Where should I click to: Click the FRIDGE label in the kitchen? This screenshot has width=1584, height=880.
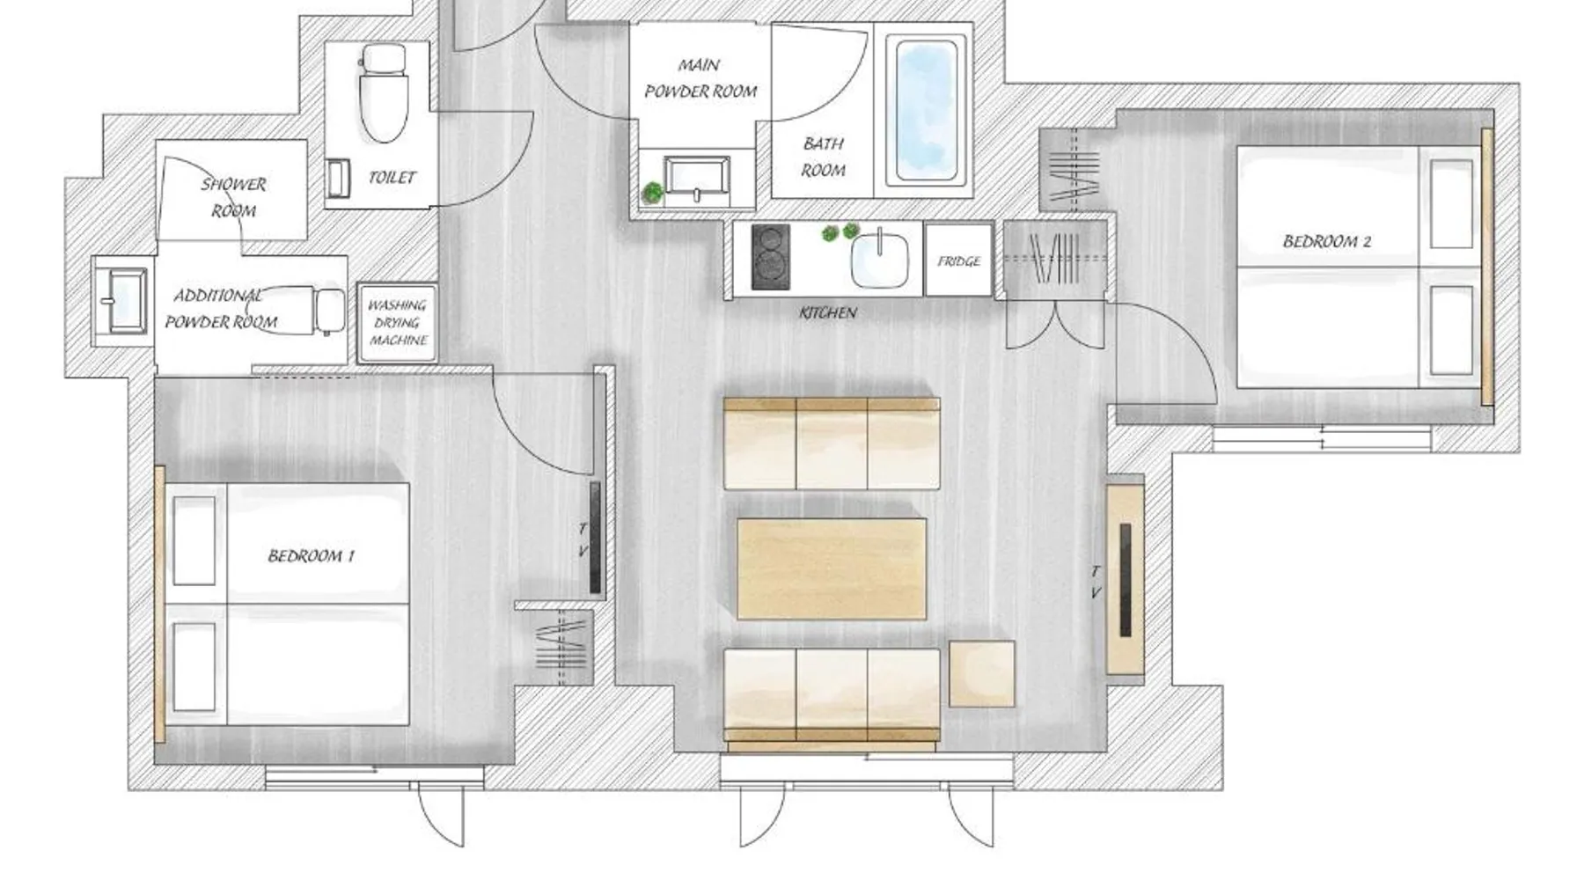(958, 261)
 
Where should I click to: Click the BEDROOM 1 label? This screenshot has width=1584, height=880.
(311, 556)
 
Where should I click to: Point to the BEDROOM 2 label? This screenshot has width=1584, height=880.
(1326, 241)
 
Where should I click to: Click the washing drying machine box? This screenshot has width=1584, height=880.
(397, 323)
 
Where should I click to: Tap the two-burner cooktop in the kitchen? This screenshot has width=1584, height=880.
(770, 257)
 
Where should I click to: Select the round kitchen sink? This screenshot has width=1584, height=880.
(879, 260)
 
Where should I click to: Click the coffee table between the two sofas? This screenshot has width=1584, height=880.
(832, 568)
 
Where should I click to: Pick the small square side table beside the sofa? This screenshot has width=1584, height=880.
(981, 674)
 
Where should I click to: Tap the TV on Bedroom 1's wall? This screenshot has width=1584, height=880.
(595, 537)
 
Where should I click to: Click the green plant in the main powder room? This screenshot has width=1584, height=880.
(652, 193)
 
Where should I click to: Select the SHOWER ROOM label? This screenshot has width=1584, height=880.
(233, 197)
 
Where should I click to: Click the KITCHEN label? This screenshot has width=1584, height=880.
(828, 312)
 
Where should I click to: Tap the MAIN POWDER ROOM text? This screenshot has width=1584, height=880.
(700, 77)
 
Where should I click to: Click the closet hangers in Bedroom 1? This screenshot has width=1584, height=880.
(561, 649)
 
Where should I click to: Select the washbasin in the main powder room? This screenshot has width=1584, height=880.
(697, 180)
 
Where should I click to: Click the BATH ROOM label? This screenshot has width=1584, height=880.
(824, 157)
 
